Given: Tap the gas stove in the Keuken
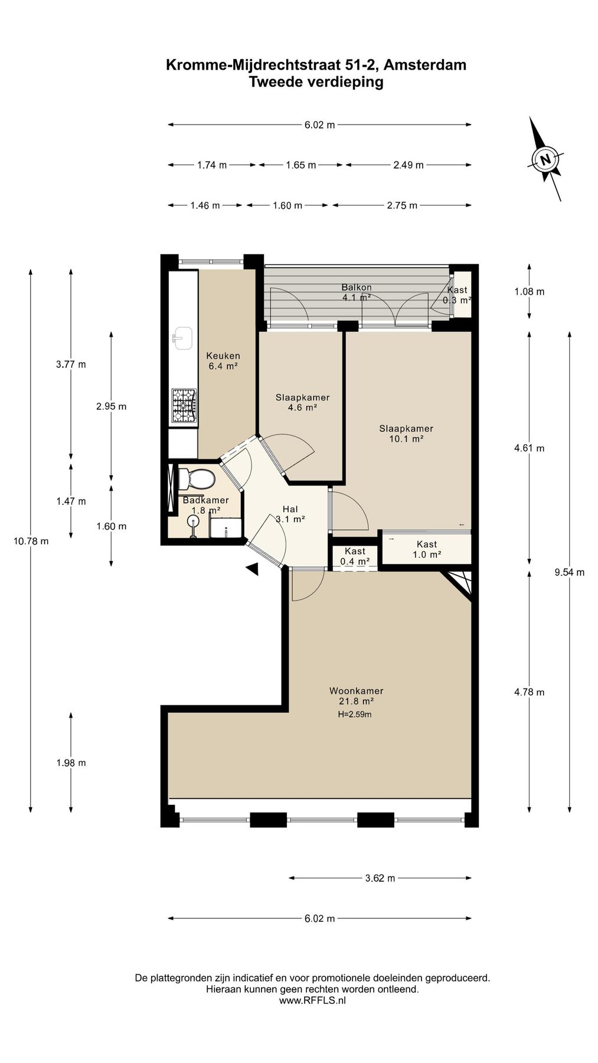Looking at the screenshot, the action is pyautogui.click(x=184, y=406).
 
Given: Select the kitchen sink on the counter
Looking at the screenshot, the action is pyautogui.click(x=183, y=338).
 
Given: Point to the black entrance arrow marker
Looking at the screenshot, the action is pyautogui.click(x=253, y=569).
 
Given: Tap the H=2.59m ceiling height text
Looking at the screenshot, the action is pyautogui.click(x=355, y=715).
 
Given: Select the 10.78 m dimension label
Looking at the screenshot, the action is pyautogui.click(x=31, y=541).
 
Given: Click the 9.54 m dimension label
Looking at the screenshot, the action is pyautogui.click(x=570, y=572).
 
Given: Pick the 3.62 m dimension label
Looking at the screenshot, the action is pyautogui.click(x=380, y=878).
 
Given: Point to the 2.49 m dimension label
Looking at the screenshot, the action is pyautogui.click(x=409, y=165).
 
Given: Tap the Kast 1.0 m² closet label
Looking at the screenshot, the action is pyautogui.click(x=427, y=549).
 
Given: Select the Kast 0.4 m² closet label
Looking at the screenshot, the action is pyautogui.click(x=355, y=556).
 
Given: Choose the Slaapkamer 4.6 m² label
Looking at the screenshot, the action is pyautogui.click(x=302, y=402).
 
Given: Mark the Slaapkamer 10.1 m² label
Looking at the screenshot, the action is pyautogui.click(x=406, y=433).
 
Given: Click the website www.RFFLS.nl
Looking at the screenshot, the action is pyautogui.click(x=312, y=1000).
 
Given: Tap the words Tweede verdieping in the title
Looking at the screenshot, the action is pyautogui.click(x=316, y=82).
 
